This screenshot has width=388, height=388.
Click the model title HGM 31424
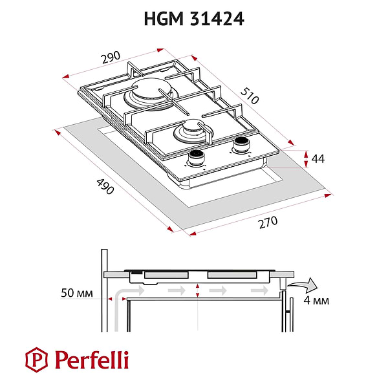pyautogui.click(x=193, y=19)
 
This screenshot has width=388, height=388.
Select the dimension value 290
pyautogui.click(x=111, y=56)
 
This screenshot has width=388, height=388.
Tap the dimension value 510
pyautogui.click(x=250, y=95)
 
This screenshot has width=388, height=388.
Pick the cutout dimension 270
pyautogui.click(x=267, y=222)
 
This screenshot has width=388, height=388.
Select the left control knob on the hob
pyautogui.click(x=196, y=156)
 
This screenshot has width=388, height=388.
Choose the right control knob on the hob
pyautogui.click(x=241, y=144)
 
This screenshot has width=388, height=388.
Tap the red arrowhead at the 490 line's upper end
pyautogui.click(x=58, y=131)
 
